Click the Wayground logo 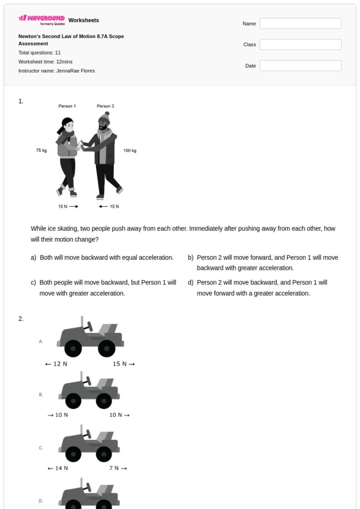coord(42,21)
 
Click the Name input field coord(300,24)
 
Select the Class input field coord(300,45)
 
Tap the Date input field coord(300,66)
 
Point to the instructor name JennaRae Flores coord(57,71)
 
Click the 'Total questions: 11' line coord(40,52)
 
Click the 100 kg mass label coord(130,151)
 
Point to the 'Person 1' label coord(67,106)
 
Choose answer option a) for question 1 coord(102,257)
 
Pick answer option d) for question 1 coord(262,288)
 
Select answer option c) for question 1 coord(103,288)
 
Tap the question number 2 coord(21,319)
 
